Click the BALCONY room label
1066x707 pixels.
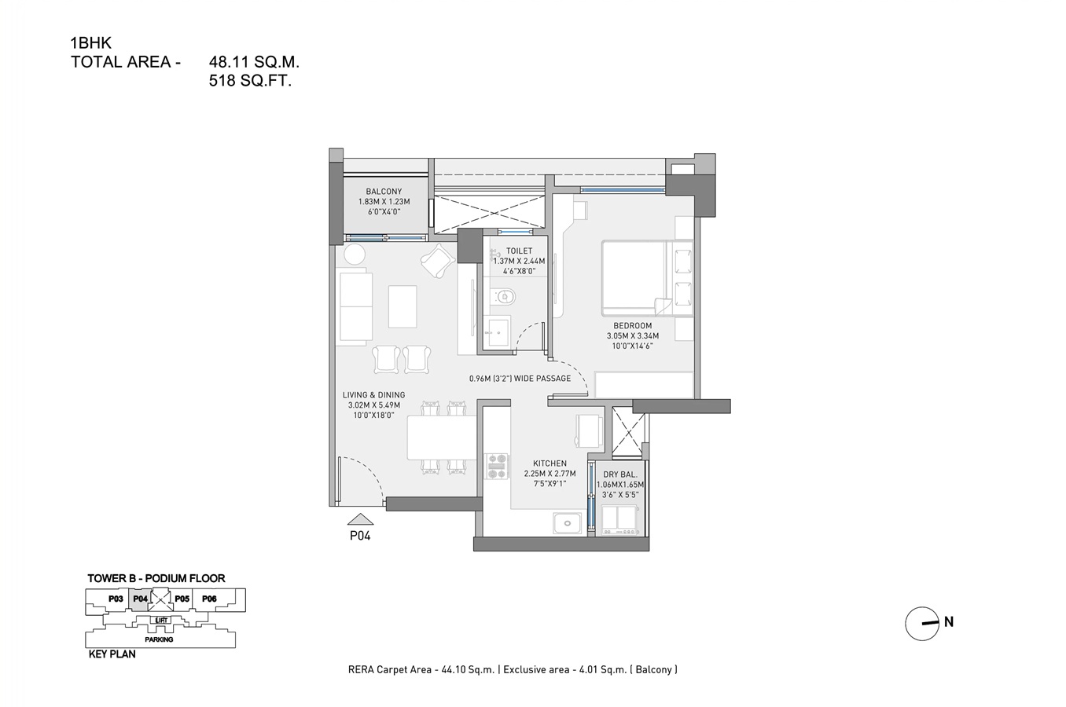(x=384, y=192)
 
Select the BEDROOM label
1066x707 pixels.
(x=632, y=326)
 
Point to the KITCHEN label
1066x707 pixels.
(x=550, y=463)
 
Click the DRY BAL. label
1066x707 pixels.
(x=619, y=474)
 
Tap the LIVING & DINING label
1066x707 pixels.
(x=373, y=395)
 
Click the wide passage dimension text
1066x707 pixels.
(x=520, y=379)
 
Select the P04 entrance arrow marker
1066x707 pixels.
(x=360, y=519)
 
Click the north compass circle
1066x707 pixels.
(x=921, y=624)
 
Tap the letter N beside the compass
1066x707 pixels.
(x=949, y=622)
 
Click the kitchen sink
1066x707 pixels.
(x=566, y=522)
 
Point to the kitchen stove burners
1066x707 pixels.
(x=497, y=467)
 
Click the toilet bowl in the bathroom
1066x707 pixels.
(x=504, y=297)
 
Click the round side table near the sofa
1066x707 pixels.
(x=355, y=255)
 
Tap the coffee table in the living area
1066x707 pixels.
(x=403, y=306)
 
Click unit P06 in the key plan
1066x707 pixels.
(x=209, y=599)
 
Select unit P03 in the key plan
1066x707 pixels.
(x=116, y=599)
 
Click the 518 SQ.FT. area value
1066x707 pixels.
(x=250, y=80)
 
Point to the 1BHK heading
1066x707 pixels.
(x=90, y=43)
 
